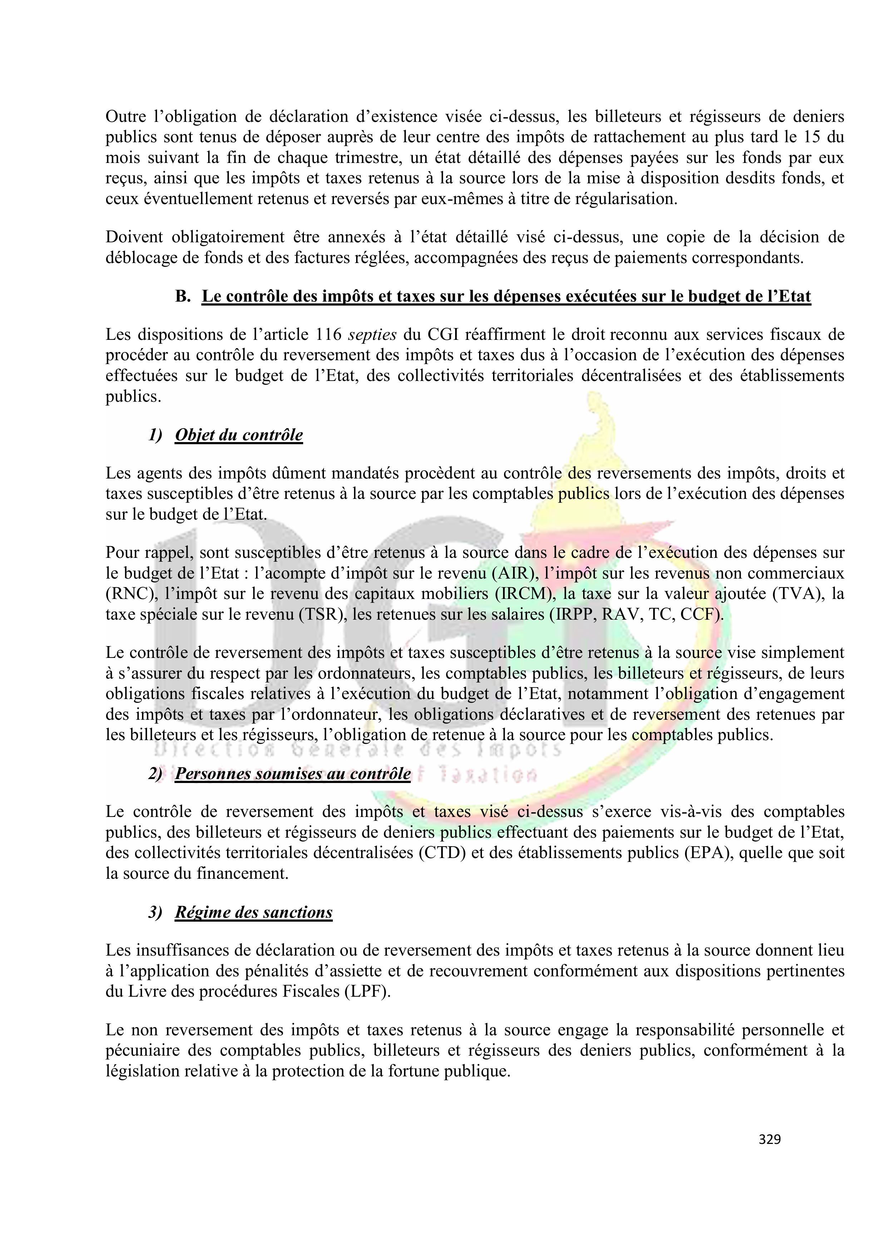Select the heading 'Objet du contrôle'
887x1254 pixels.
pos(239,435)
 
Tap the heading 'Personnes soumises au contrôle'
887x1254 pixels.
pos(292,774)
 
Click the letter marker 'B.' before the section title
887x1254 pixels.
pos(183,297)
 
